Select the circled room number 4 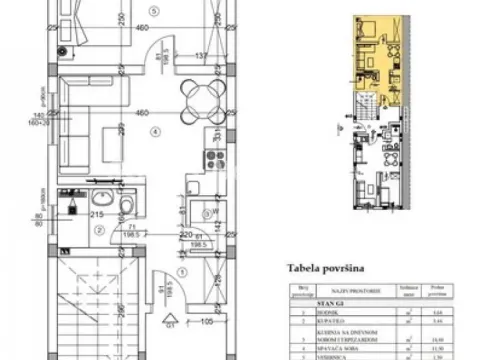tap(154, 130)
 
